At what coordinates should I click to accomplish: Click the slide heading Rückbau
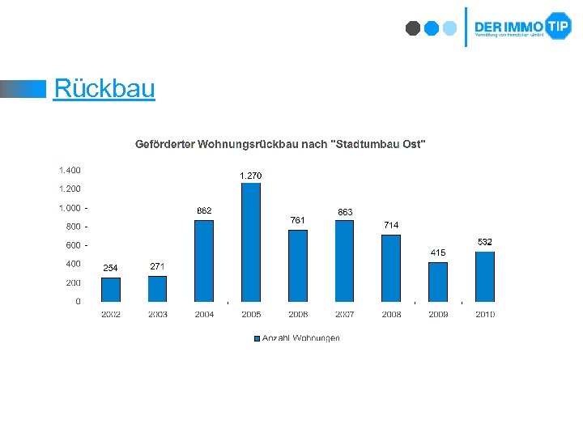coord(104,88)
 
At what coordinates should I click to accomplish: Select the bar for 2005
coord(251,242)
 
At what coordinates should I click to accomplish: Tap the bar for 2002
coord(111,290)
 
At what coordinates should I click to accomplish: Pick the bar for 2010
coord(485,277)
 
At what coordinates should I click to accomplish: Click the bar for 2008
coord(391,268)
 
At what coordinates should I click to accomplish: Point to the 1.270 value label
coord(250,176)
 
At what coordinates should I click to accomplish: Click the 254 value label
coord(110,268)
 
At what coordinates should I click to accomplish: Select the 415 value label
coord(437,252)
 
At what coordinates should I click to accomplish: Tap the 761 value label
coord(297,220)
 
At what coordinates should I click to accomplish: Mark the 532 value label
coord(484,242)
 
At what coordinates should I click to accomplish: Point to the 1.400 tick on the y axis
coord(70,170)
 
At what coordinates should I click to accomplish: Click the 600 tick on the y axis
coord(73,245)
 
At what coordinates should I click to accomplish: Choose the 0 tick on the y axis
coord(78,301)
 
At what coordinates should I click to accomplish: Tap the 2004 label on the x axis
coord(204,314)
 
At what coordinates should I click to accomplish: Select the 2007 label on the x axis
coord(345,314)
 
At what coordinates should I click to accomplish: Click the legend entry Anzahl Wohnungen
coord(297,337)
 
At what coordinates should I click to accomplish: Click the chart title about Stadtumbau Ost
coord(280,144)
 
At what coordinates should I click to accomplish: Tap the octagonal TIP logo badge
coord(558,26)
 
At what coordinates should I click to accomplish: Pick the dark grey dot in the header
coord(413,28)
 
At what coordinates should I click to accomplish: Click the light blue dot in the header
coord(449,28)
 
